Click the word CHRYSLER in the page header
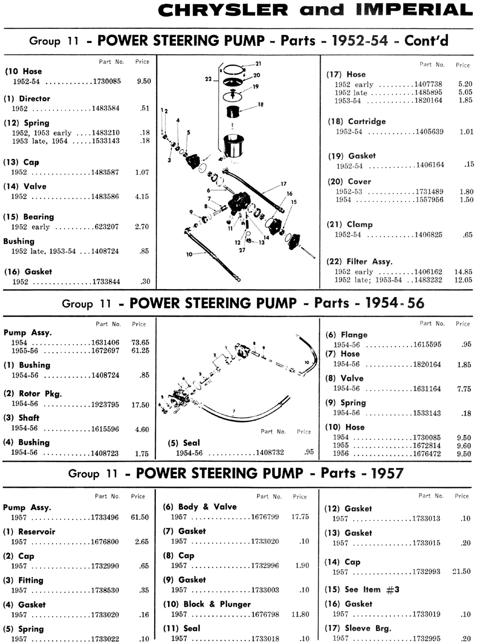click(x=224, y=11)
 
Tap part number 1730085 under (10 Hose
click(x=107, y=82)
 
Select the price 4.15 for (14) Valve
click(x=142, y=197)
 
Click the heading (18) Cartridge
click(x=357, y=121)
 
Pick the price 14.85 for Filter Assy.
click(x=463, y=272)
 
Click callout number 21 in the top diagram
click(x=258, y=64)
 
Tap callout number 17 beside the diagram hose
click(x=284, y=184)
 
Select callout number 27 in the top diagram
click(x=242, y=250)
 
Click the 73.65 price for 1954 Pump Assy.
click(x=141, y=343)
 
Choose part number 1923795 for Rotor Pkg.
click(x=105, y=405)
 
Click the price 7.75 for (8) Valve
click(x=464, y=389)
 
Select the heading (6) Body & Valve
click(x=199, y=507)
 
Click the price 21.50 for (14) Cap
click(x=461, y=572)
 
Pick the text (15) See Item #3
click(x=362, y=590)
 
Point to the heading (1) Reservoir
click(x=29, y=532)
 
